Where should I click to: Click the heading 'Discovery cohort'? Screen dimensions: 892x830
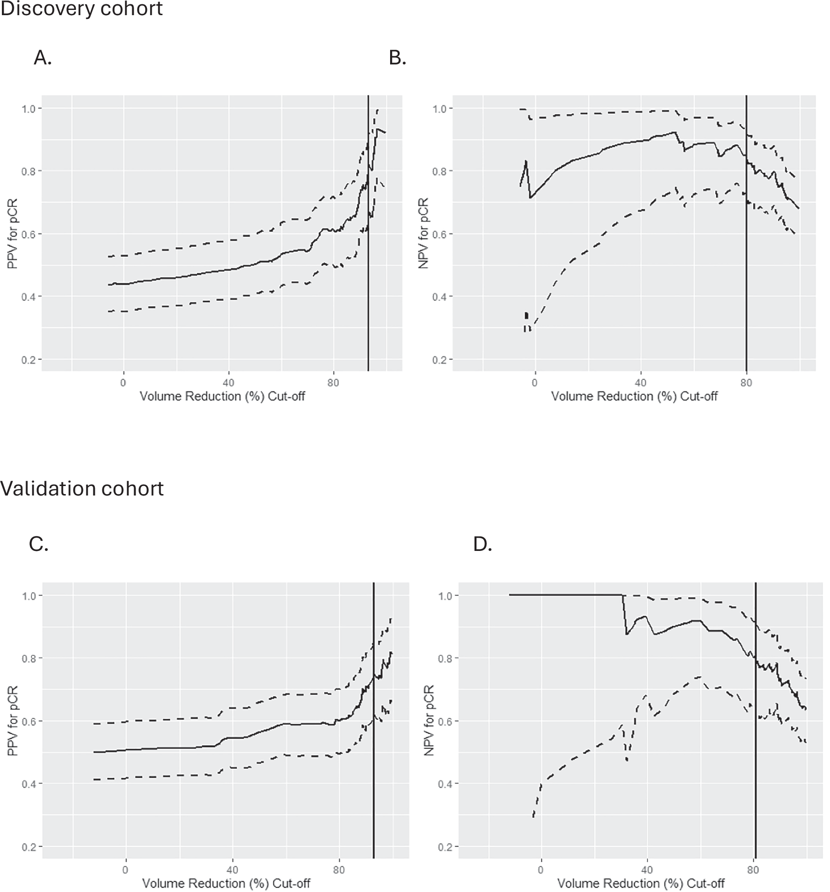[x=82, y=9]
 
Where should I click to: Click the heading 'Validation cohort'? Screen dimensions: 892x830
[x=82, y=488]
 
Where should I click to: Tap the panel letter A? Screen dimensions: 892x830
[x=42, y=58]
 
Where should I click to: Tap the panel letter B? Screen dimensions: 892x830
[x=397, y=58]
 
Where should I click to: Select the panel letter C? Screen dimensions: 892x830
[x=38, y=544]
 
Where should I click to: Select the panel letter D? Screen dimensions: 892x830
[x=483, y=544]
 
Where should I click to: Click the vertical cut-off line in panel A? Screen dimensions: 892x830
[x=368, y=284]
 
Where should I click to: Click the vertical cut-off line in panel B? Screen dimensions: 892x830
[x=746, y=284]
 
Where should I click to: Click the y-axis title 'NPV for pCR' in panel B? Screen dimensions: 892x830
[x=423, y=233]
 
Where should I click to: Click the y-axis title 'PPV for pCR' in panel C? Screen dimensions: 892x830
[x=13, y=721]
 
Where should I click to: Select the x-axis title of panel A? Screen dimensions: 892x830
[x=222, y=396]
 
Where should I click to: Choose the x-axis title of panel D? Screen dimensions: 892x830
[x=641, y=883]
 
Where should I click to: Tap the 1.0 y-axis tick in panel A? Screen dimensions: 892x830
[x=28, y=108]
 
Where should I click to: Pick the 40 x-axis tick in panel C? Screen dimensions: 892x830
[x=232, y=870]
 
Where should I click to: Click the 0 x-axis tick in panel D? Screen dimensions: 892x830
[x=541, y=870]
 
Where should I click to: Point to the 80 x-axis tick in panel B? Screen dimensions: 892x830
[x=746, y=383]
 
